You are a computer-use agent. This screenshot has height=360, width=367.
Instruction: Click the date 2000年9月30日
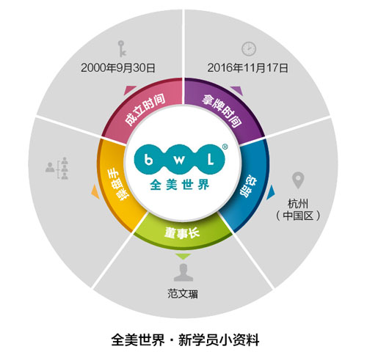point(118,67)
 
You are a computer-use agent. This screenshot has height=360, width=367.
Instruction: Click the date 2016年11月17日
point(247,67)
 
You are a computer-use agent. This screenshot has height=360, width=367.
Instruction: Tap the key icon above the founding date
point(122,48)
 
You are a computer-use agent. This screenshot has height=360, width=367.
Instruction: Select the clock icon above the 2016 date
point(249,48)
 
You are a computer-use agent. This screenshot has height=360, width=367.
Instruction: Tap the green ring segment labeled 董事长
point(182,233)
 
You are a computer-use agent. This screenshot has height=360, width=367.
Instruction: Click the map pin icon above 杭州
point(298,180)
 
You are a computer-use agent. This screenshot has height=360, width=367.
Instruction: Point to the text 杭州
point(298,203)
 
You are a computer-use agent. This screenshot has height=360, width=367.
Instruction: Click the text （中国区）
point(298,216)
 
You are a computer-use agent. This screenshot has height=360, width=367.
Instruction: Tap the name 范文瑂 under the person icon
point(183,293)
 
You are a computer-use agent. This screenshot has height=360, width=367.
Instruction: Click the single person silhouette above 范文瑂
point(183,272)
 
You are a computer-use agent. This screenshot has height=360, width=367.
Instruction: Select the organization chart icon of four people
point(57,168)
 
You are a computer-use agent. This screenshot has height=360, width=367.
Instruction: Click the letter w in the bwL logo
point(179,160)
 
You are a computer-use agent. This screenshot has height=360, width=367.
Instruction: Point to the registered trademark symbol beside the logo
point(225,147)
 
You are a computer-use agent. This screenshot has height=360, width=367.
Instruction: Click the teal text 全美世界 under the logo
point(180,185)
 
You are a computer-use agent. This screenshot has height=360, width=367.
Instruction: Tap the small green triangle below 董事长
point(183,257)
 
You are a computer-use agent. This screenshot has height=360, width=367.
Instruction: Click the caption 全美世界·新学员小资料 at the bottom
point(185,339)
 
